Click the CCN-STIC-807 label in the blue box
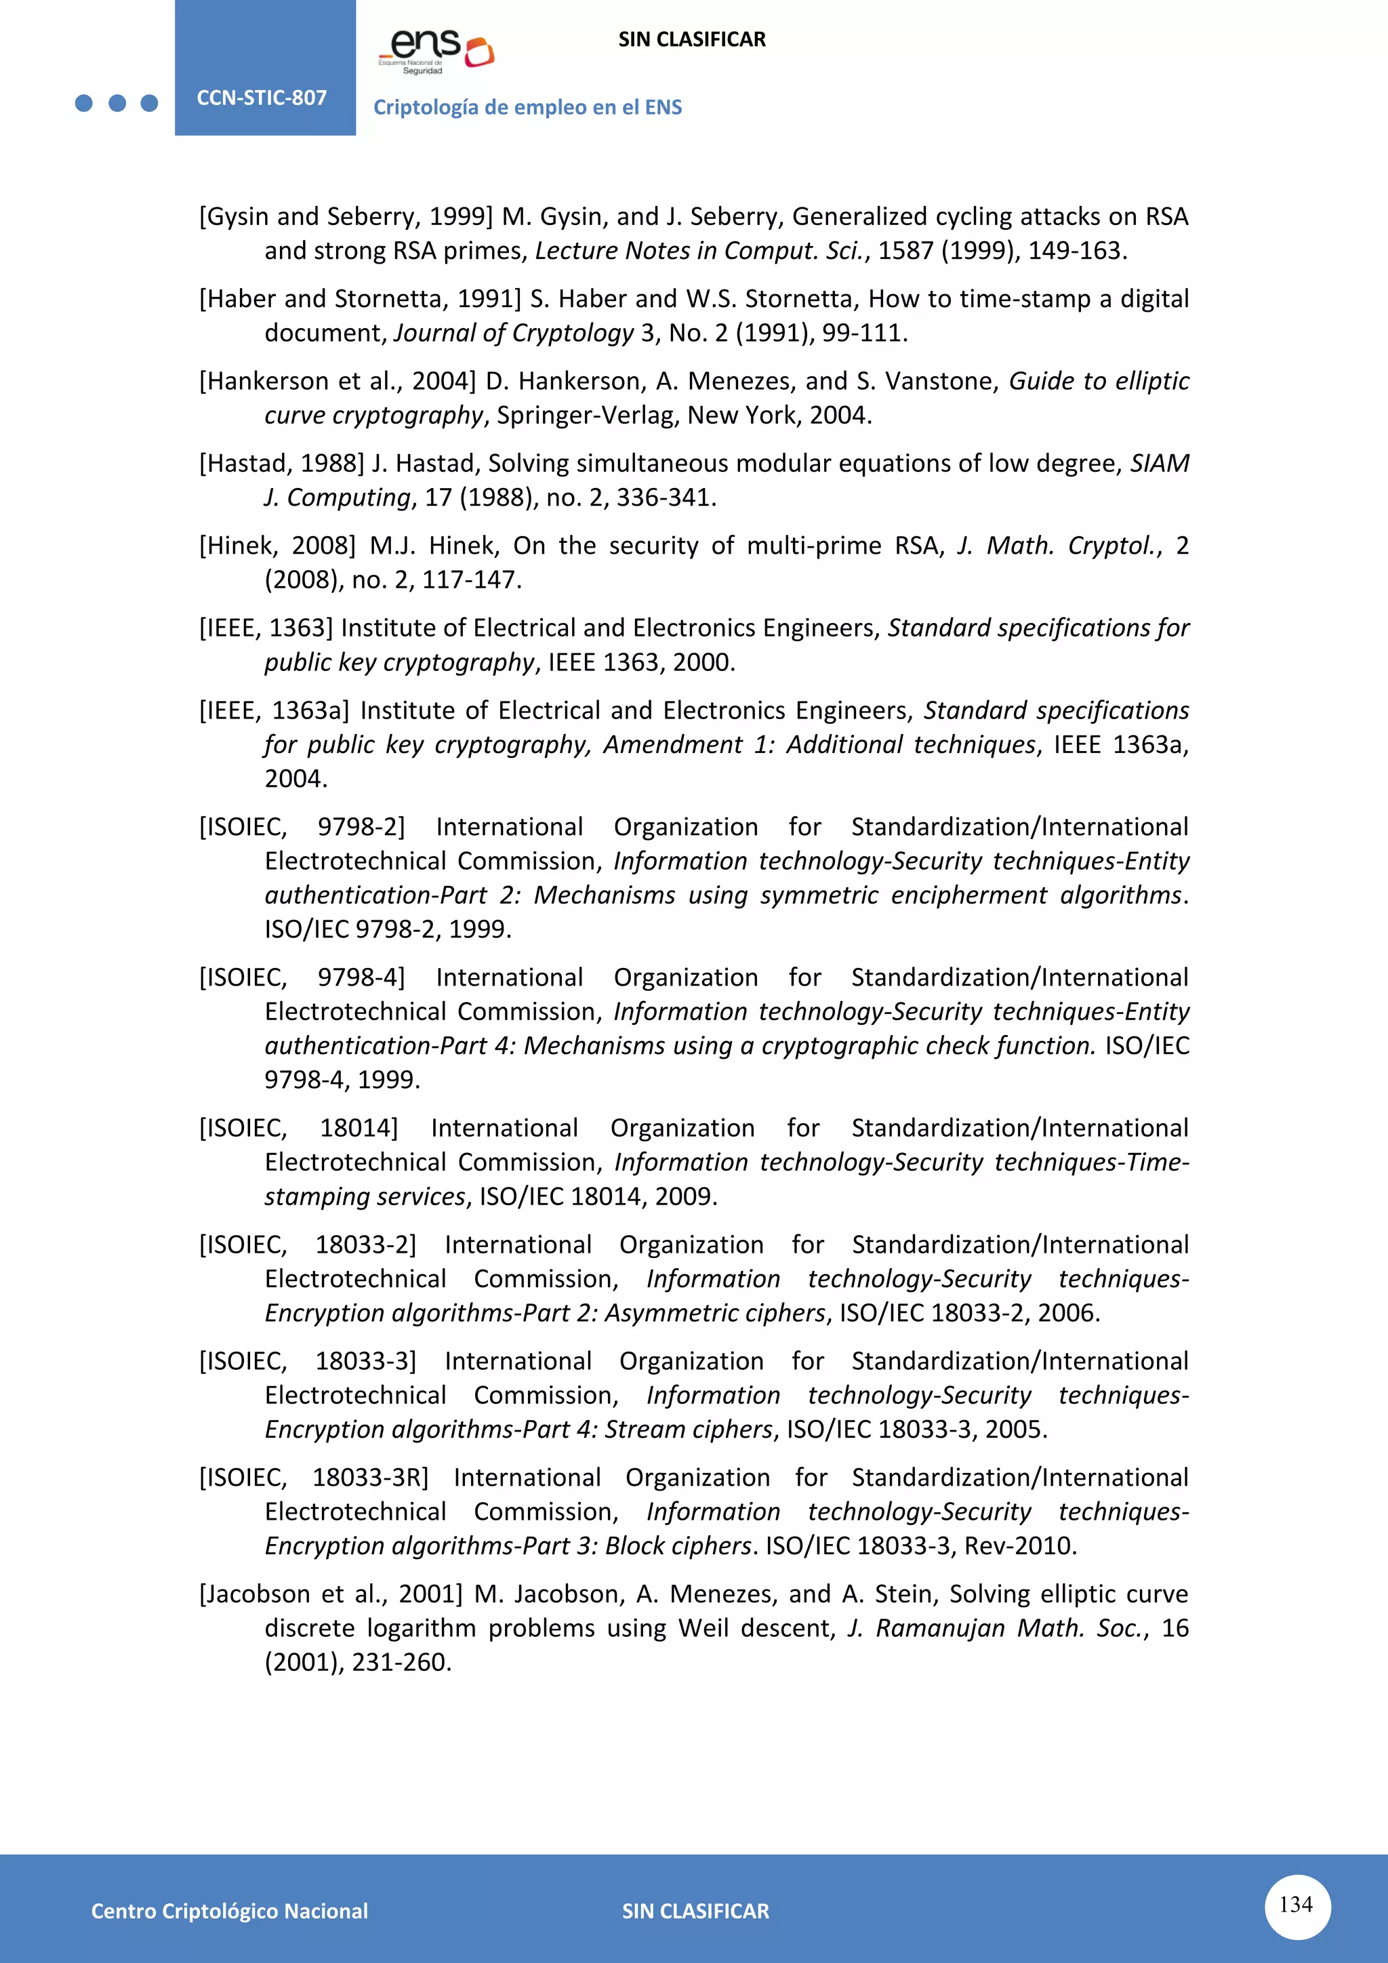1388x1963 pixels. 262,98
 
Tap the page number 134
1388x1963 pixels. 1296,1904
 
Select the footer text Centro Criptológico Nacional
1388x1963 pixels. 229,1911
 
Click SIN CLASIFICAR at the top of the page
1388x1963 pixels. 691,39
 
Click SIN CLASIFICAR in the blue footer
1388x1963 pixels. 695,1911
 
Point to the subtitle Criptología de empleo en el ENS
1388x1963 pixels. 527,107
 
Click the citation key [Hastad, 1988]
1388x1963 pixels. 282,464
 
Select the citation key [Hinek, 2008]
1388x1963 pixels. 277,546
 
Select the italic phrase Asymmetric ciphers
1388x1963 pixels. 716,1312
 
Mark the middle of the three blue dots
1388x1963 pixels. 117,104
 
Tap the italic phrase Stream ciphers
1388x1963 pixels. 688,1429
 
